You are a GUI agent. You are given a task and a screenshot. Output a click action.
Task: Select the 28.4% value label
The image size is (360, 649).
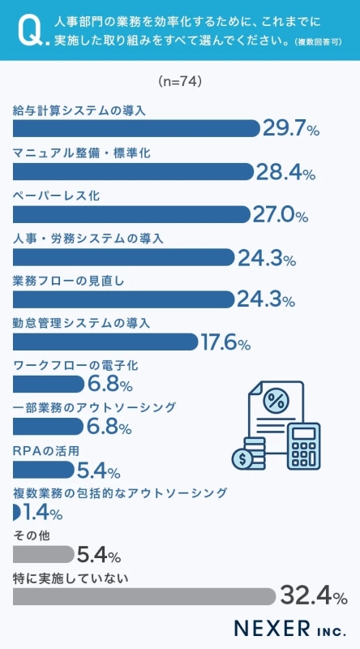(285, 171)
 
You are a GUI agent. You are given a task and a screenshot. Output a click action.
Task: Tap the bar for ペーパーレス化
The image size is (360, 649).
(131, 214)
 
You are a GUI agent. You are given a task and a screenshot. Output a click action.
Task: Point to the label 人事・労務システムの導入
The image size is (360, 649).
(89, 239)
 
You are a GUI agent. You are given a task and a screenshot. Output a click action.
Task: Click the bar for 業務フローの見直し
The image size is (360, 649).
(124, 299)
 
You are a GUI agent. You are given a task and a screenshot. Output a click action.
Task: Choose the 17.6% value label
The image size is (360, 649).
(225, 342)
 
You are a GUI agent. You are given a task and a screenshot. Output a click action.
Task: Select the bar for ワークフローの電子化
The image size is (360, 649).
(49, 384)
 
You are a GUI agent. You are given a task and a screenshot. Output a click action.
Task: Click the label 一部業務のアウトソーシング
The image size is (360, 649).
(95, 406)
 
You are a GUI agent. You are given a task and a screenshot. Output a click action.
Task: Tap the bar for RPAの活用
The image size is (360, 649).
(44, 469)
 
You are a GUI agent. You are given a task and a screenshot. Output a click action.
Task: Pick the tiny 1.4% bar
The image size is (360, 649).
(17, 512)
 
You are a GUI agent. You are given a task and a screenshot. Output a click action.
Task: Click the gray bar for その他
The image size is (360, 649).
(44, 554)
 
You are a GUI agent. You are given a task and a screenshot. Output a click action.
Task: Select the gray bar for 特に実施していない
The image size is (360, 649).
(145, 597)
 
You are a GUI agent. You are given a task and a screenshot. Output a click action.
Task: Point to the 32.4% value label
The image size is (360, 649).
(313, 597)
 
